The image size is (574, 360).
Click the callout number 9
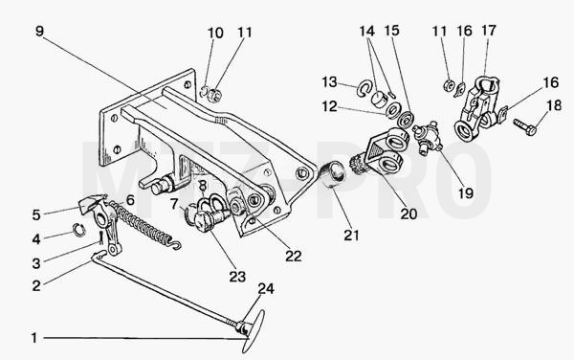click(x=40, y=32)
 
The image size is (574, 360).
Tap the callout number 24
click(x=266, y=289)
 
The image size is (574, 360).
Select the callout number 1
click(x=34, y=338)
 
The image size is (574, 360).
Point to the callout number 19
click(x=466, y=193)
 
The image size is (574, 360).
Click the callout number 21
click(x=351, y=236)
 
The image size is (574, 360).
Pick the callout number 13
click(x=329, y=82)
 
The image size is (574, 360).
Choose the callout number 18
click(x=554, y=105)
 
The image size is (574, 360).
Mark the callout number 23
click(x=237, y=277)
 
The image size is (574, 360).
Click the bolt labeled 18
click(x=525, y=126)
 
